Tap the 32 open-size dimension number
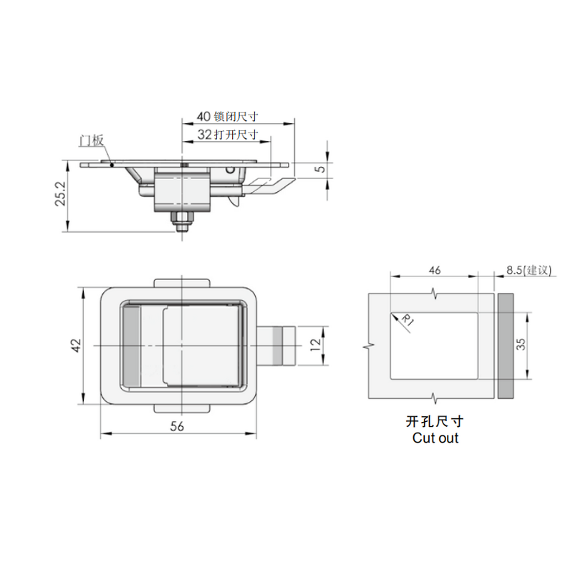[203, 134]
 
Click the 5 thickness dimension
[320, 168]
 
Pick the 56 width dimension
[178, 426]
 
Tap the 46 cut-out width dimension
[434, 270]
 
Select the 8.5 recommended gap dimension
[528, 270]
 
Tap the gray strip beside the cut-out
[506, 346]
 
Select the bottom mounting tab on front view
[183, 408]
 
